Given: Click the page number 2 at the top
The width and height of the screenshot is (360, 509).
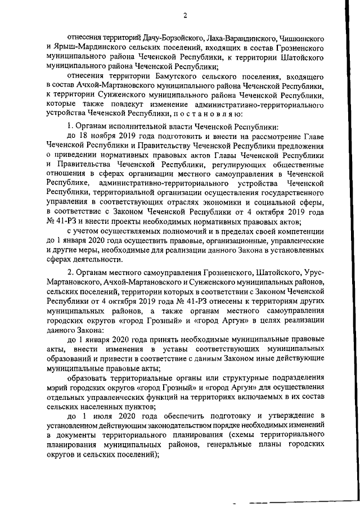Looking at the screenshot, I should pos(185,15).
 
